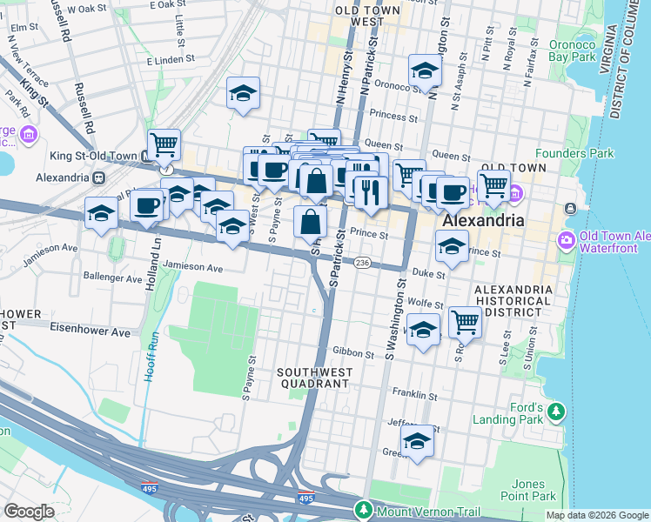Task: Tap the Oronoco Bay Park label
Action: point(572,50)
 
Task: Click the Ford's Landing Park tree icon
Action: point(556,410)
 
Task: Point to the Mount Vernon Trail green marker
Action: point(363,509)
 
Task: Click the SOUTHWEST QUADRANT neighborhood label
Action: point(315,379)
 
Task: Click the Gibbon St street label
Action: point(354,353)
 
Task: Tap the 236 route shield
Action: point(363,263)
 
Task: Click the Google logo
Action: point(29,512)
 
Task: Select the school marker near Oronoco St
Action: point(424,71)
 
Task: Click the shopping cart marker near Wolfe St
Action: point(465,322)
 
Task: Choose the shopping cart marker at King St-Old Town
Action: point(163,144)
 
